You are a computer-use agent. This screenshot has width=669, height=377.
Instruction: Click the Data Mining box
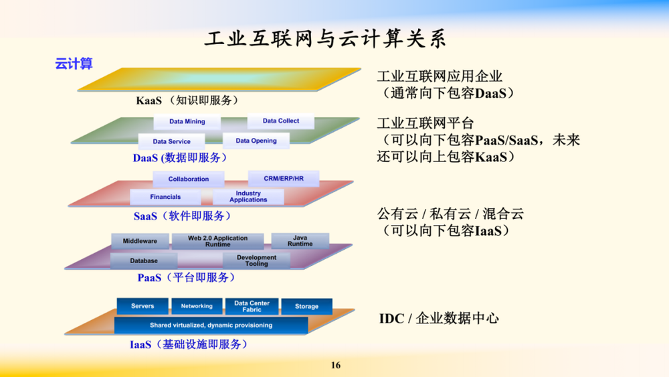(187, 122)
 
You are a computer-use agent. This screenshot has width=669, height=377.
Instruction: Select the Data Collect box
(281, 121)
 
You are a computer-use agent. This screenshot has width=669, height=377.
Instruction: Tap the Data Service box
(171, 141)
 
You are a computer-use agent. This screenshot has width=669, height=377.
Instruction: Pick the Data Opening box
(256, 141)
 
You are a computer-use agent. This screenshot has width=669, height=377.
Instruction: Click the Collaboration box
(189, 179)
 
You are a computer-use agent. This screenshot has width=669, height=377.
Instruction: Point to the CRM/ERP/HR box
(284, 178)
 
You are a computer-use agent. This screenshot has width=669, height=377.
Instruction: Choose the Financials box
(165, 197)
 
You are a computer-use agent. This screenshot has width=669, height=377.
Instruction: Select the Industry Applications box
(248, 197)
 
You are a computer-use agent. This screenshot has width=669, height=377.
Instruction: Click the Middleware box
(140, 241)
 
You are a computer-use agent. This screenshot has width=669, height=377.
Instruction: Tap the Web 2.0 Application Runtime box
(217, 241)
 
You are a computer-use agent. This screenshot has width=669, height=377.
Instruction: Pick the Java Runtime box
(300, 240)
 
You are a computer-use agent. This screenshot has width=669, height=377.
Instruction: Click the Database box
(144, 260)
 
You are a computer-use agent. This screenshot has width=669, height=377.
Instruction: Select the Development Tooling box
(256, 260)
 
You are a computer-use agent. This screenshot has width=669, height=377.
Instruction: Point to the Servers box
(142, 306)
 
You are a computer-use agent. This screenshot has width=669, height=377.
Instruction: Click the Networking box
(197, 306)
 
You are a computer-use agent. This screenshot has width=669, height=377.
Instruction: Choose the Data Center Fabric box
(252, 306)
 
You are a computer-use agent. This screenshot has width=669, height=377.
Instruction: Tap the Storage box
(307, 306)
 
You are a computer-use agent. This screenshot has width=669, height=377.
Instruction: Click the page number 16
(336, 365)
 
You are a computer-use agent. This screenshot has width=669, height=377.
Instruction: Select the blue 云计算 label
(73, 64)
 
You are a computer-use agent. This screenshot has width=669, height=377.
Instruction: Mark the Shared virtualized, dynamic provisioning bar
(211, 325)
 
